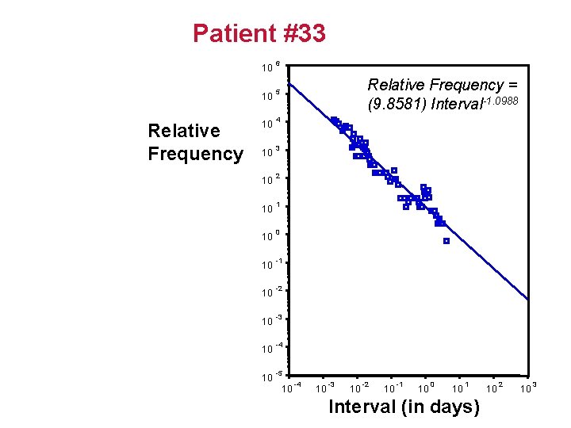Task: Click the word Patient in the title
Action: [232, 34]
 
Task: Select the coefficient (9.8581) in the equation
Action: [397, 104]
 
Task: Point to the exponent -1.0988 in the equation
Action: [500, 100]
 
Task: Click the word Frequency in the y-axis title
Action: [195, 154]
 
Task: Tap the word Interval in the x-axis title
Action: [362, 407]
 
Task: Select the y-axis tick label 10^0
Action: [270, 236]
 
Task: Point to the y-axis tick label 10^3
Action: [270, 150]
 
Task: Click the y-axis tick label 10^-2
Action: [271, 293]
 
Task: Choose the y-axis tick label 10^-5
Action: [271, 376]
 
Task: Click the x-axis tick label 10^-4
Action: [292, 388]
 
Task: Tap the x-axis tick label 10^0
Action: [426, 388]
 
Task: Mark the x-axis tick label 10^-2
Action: [358, 388]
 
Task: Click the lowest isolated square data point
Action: [446, 241]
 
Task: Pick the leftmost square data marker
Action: [333, 120]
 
